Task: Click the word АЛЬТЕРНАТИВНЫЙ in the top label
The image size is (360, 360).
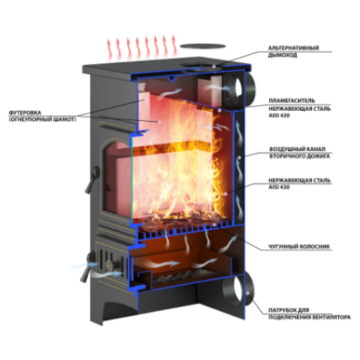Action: coord(294,48)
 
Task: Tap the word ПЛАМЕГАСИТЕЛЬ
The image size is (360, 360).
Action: coord(292,101)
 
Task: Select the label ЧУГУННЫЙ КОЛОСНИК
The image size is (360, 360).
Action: coord(299,246)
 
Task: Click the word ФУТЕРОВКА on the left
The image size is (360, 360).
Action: coord(25,112)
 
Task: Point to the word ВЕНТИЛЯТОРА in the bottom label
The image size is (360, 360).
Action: coord(330,318)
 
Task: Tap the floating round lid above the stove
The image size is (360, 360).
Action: coord(203,46)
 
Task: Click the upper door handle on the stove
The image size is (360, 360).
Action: coord(92,179)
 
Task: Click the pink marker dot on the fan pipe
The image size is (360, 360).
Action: coord(248,293)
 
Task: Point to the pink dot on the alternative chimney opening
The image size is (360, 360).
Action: coord(214,66)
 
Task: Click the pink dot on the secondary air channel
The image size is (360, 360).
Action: coord(239,158)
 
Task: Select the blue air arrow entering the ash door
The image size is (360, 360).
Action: coord(81,266)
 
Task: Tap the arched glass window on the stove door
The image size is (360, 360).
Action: coord(117,178)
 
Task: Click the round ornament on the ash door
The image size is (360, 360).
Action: coord(110,265)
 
